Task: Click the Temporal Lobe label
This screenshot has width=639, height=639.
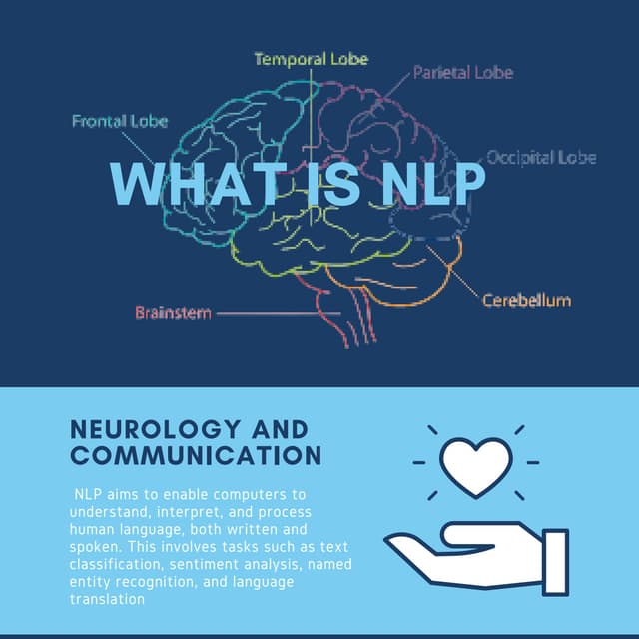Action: pyautogui.click(x=311, y=59)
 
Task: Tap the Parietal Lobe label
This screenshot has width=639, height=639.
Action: pyautogui.click(x=463, y=73)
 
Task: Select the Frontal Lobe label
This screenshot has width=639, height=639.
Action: pyautogui.click(x=120, y=122)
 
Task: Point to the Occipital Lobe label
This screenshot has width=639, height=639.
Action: pyautogui.click(x=541, y=158)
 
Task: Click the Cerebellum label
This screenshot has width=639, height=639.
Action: pyautogui.click(x=526, y=300)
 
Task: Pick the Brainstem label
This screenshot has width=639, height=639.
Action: pyautogui.click(x=173, y=313)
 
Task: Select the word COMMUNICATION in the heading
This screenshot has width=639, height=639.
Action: pyautogui.click(x=197, y=456)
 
